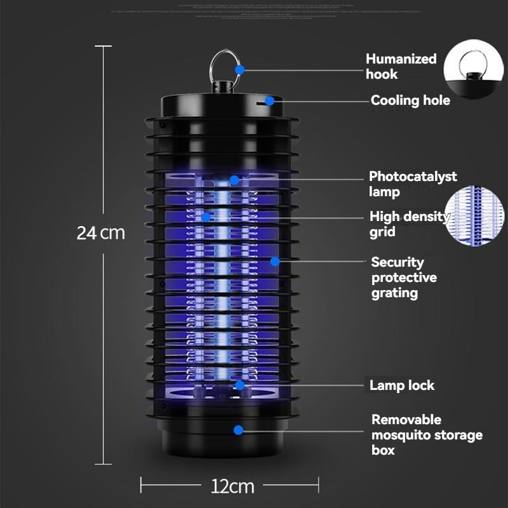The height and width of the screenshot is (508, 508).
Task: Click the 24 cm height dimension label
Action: click(101, 232)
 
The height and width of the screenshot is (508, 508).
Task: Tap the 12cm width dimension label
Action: click(232, 486)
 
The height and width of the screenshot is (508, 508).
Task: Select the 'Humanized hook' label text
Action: click(401, 67)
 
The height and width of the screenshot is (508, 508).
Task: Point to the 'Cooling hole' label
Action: click(410, 100)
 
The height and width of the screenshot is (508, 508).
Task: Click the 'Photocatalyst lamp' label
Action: click(413, 184)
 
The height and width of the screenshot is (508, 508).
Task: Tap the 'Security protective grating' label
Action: click(404, 277)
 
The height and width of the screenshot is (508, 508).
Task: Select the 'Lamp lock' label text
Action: click(402, 385)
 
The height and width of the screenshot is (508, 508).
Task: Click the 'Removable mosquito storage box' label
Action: click(427, 435)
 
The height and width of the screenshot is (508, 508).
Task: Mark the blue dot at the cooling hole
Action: click(269, 100)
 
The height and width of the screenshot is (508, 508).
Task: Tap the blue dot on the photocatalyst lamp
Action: click(234, 180)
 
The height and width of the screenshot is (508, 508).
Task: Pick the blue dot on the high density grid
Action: click(206, 217)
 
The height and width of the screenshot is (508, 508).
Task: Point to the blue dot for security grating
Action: click(274, 261)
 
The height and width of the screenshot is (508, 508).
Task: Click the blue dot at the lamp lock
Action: click(239, 385)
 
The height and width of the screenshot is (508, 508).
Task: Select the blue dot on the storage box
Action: click(238, 430)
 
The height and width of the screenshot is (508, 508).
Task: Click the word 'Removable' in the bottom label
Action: click(406, 420)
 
